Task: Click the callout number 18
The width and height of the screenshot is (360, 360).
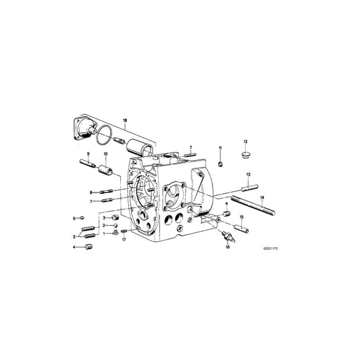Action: [124, 121]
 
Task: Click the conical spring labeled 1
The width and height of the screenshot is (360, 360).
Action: [115, 233]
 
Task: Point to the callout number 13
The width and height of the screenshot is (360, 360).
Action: [248, 175]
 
